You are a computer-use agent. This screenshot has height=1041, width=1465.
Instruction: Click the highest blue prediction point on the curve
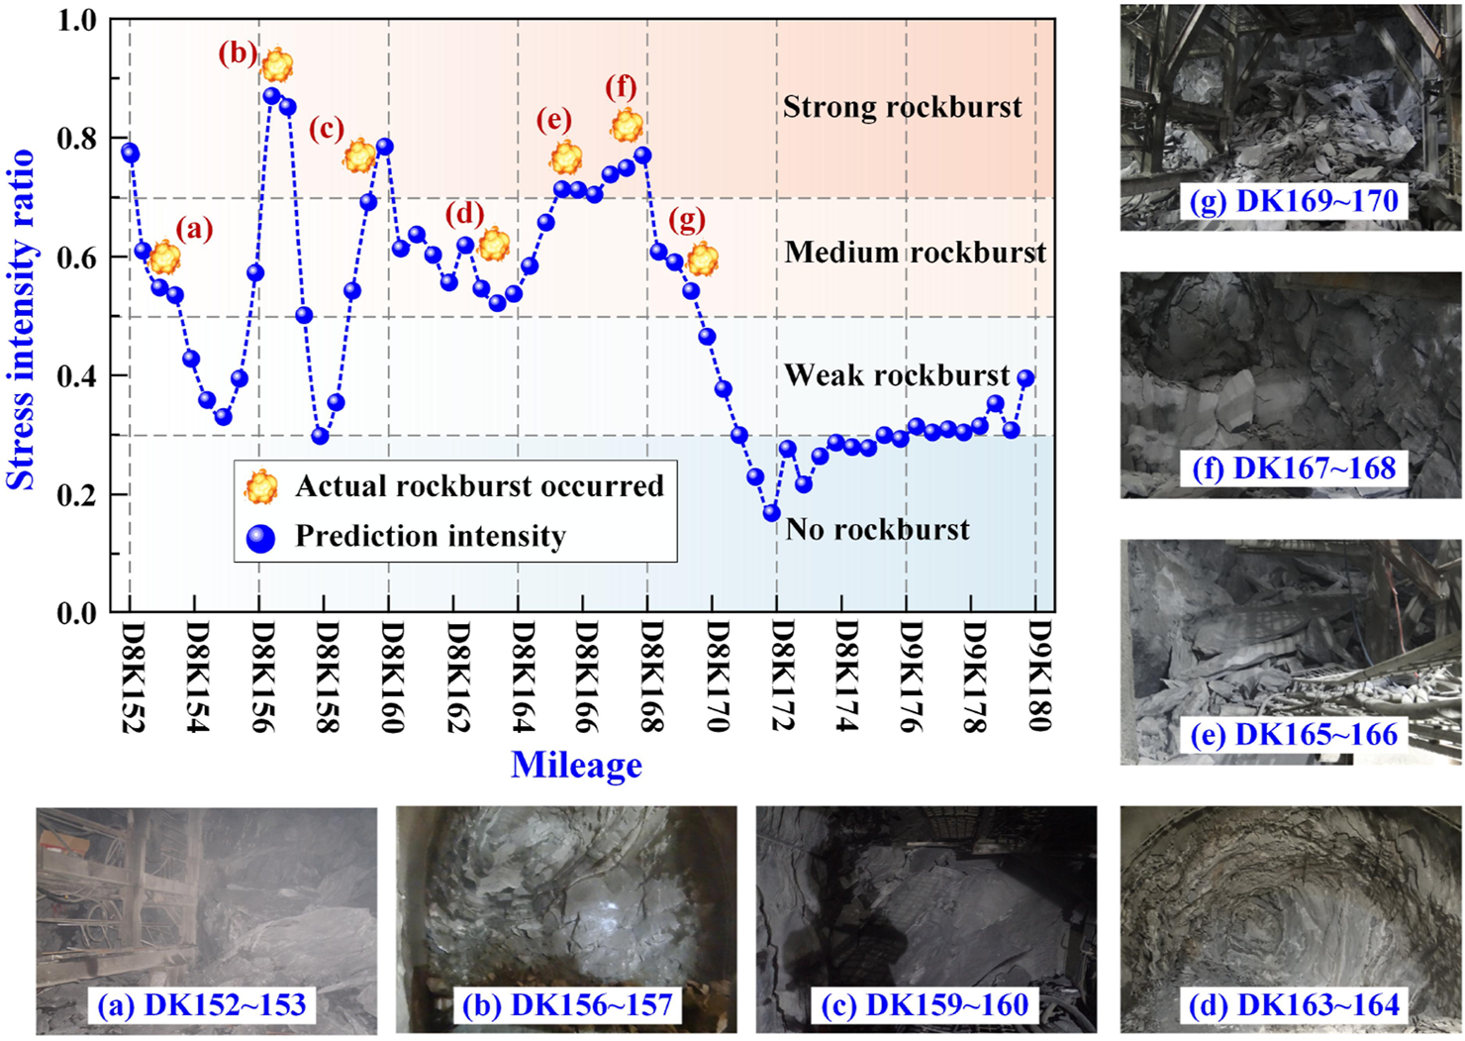271,96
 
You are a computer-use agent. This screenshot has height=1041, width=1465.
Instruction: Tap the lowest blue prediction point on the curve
771,513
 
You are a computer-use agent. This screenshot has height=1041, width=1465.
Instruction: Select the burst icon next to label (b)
277,65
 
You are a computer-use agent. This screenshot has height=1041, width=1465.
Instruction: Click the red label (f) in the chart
621,88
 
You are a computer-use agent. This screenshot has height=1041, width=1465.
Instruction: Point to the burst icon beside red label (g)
702,260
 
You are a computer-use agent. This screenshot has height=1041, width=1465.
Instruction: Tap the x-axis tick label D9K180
1039,677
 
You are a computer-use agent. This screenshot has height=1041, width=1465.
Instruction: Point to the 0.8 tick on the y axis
76,139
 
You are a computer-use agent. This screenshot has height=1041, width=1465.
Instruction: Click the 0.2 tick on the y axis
76,494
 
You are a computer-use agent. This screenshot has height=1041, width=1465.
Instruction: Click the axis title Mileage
576,765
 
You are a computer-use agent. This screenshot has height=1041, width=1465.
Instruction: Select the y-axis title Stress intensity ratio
22,319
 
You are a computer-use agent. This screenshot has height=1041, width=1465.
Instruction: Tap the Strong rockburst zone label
902,107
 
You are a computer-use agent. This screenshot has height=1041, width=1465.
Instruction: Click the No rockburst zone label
877,529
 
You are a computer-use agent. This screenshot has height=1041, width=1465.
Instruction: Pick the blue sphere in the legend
260,537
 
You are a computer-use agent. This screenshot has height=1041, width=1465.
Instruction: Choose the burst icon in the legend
261,486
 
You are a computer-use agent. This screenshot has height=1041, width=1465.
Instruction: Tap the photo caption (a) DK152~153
202,1005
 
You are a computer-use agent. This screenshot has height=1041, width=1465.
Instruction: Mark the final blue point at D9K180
1025,378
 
